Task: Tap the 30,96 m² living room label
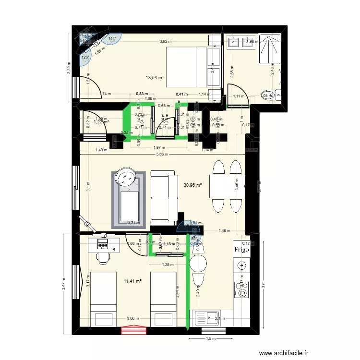pyautogui.click(x=192, y=184)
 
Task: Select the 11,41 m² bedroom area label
pyautogui.click(x=132, y=281)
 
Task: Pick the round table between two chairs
pyautogui.click(x=198, y=264)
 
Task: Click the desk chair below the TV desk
pyautogui.click(x=102, y=257)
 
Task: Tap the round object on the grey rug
pyautogui.click(x=127, y=178)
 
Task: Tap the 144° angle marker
pyautogui.click(x=112, y=38)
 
